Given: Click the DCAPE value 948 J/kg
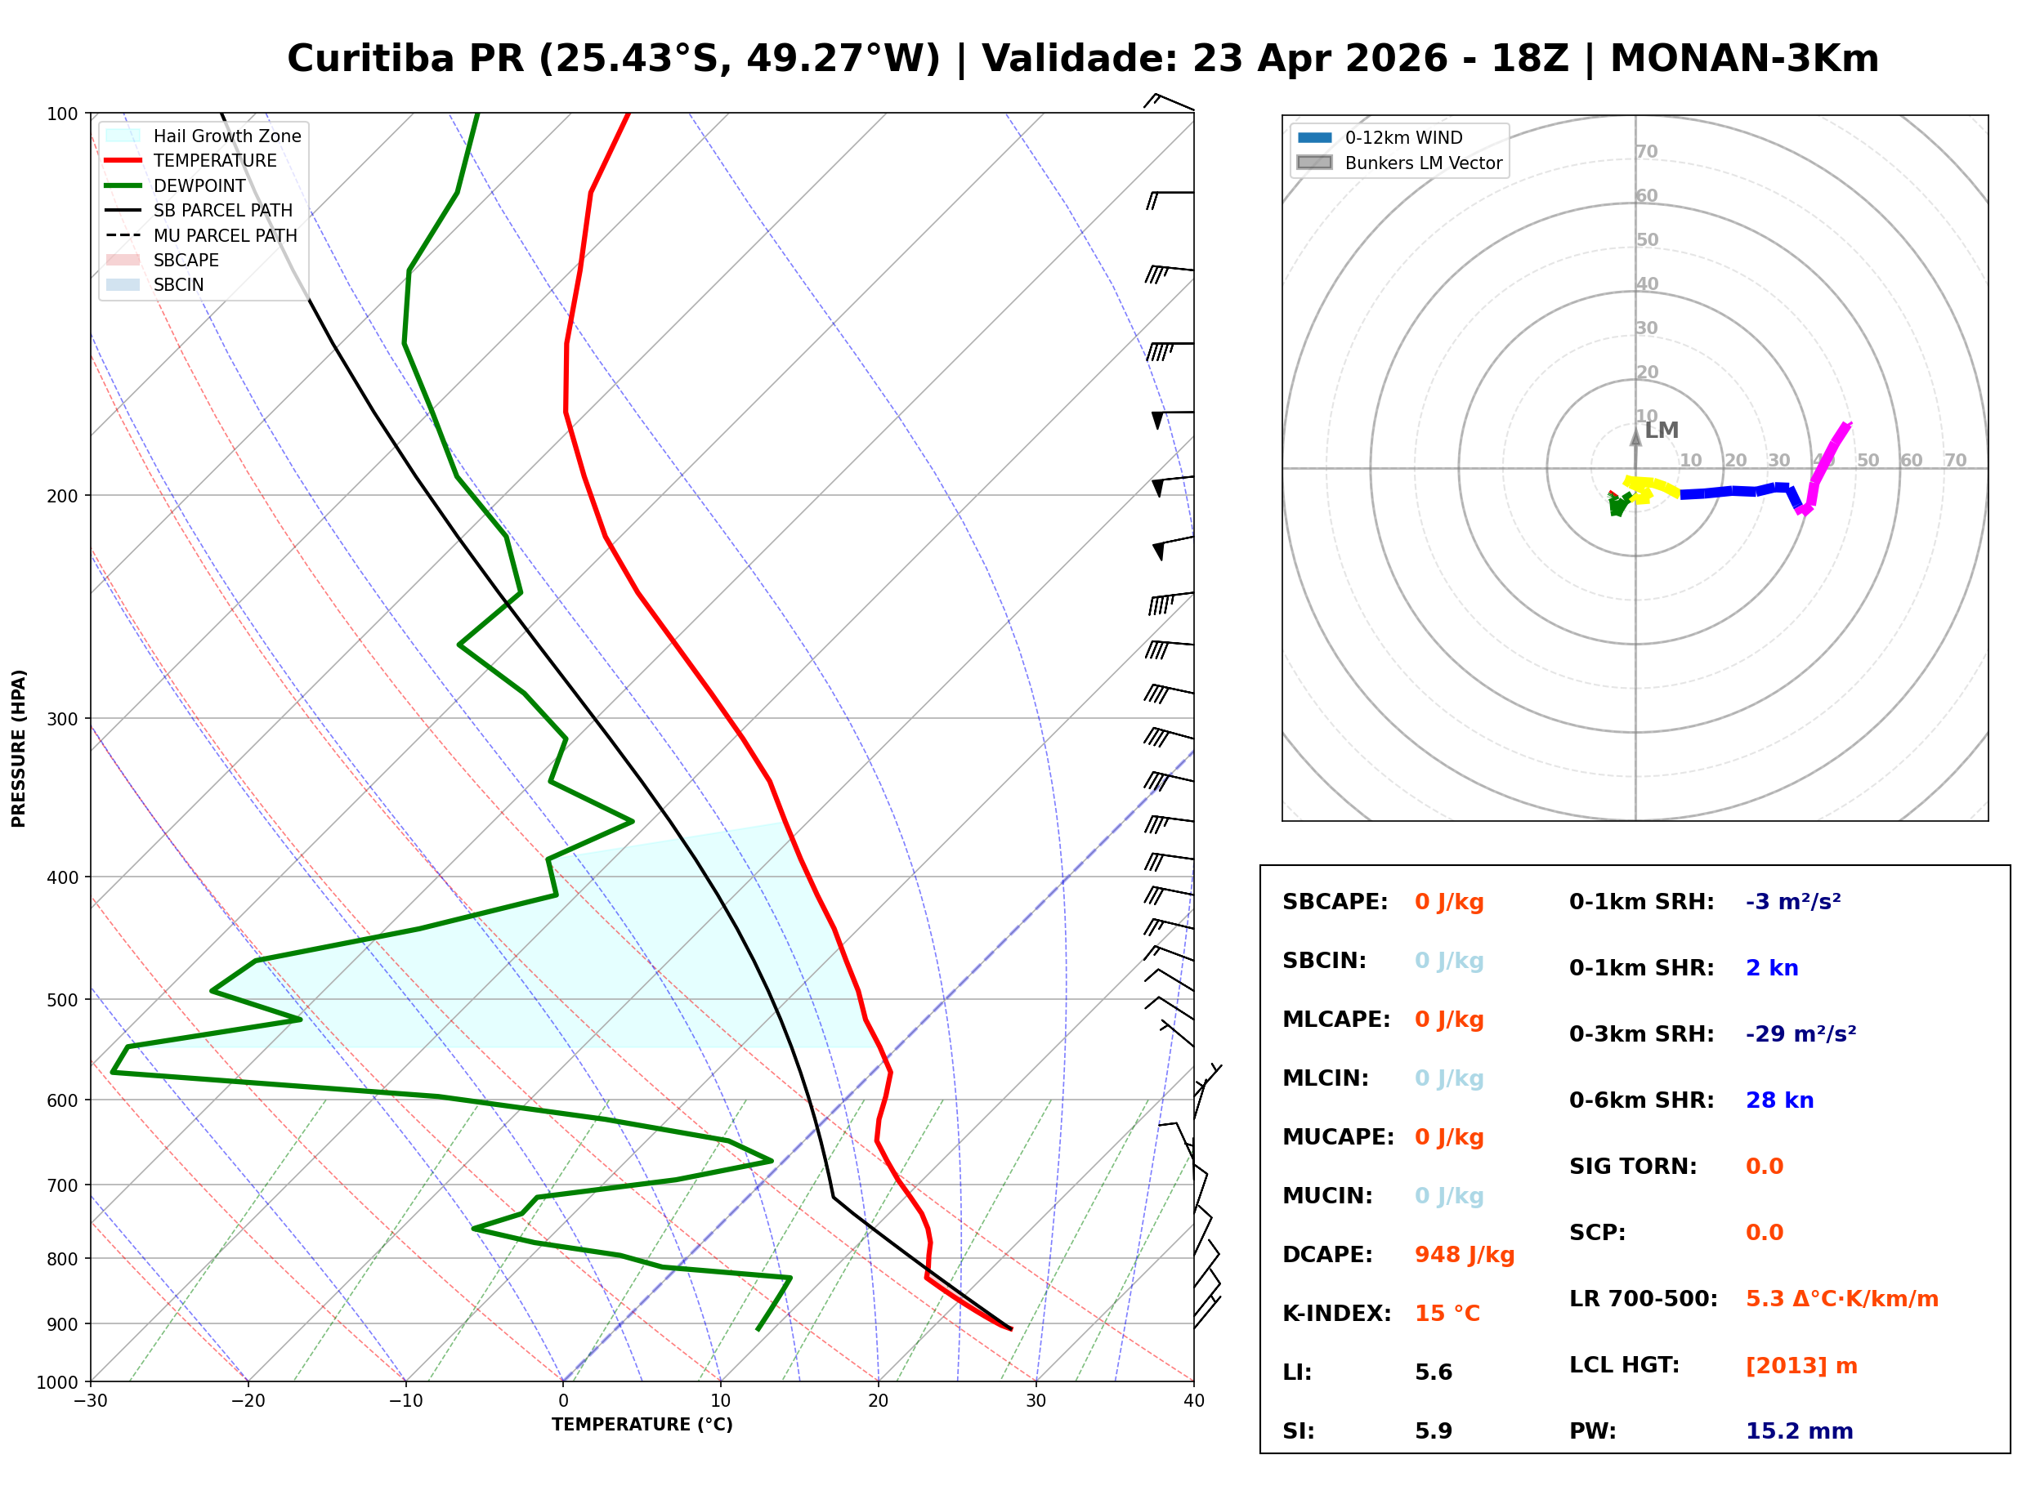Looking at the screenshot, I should coord(1464,1254).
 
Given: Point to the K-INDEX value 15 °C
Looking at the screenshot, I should coord(1447,1313).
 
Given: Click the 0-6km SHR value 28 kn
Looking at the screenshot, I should coord(1778,1100).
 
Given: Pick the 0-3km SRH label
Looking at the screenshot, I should coord(1641,1033).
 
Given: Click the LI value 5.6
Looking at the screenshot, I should coord(1433,1372).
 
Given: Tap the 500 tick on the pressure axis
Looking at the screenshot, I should coord(62,1000).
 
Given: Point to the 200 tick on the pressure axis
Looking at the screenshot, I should coord(62,496).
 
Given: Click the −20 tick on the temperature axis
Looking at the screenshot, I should coord(248,1401).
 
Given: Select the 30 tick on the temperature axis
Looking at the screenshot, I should coord(1036,1401).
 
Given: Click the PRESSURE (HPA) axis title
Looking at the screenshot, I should coord(19,747).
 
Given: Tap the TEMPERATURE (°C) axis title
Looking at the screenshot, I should coord(642,1425).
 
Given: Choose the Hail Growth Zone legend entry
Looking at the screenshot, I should coord(226,136).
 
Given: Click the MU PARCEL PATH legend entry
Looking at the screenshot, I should coord(225,235).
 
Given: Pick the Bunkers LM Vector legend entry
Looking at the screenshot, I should coord(1422,163).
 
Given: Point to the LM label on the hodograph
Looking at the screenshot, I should coord(1661,431).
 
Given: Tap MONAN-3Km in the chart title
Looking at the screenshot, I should coord(1743,59).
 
